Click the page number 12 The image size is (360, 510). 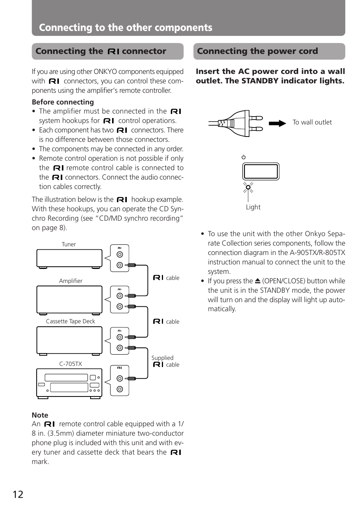[18, 494]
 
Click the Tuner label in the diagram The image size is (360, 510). [69, 244]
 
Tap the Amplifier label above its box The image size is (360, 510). [71, 281]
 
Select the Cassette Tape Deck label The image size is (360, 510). [71, 321]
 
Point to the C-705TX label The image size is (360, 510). [71, 364]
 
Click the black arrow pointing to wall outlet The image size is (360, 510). [277, 123]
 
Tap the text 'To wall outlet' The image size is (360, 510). [312, 122]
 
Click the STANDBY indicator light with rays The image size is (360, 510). [248, 187]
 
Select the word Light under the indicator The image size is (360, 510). [253, 207]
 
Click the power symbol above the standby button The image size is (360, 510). [244, 157]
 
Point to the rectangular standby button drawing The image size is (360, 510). [261, 172]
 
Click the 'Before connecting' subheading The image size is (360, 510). [63, 102]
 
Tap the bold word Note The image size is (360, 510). [40, 415]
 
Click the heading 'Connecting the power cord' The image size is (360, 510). [257, 51]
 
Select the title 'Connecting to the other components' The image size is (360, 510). [126, 28]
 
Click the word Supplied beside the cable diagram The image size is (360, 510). [162, 358]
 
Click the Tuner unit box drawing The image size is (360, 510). [69, 258]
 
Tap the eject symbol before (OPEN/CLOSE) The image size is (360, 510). [257, 281]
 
